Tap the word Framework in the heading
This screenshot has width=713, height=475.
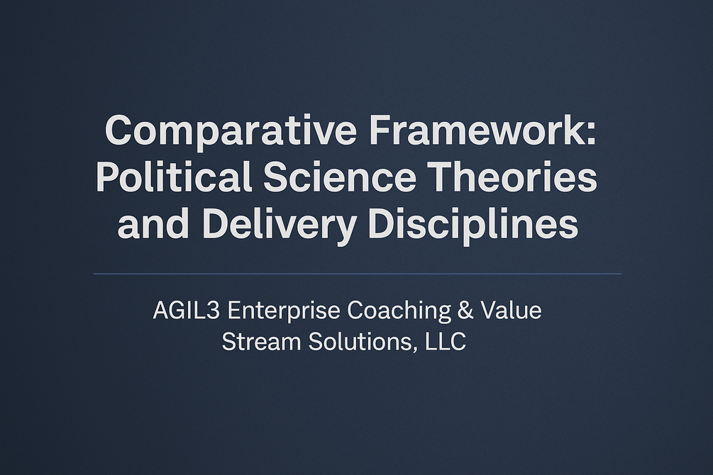pyautogui.click(x=477, y=130)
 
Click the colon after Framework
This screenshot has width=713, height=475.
pyautogui.click(x=591, y=134)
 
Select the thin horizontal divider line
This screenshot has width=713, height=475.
pyautogui.click(x=358, y=274)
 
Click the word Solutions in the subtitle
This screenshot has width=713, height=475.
pyautogui.click(x=360, y=342)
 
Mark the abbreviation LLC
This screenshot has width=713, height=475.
pyautogui.click(x=446, y=342)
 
